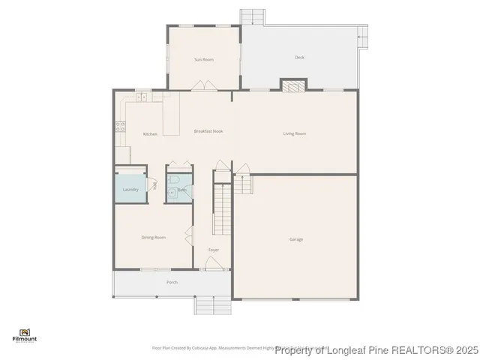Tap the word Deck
299,57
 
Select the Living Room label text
295,133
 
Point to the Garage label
296,239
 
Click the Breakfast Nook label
208,131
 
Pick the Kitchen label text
150,134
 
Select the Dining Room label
153,238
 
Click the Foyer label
214,249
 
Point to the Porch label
172,282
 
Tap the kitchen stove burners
118,127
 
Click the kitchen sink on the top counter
141,96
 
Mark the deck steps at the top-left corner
253,16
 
